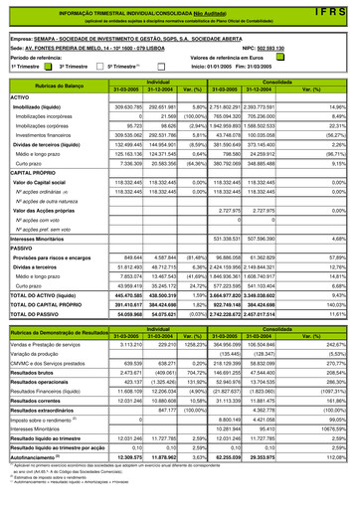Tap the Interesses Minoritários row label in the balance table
coord(44,266)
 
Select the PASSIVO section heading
coord(24,275)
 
